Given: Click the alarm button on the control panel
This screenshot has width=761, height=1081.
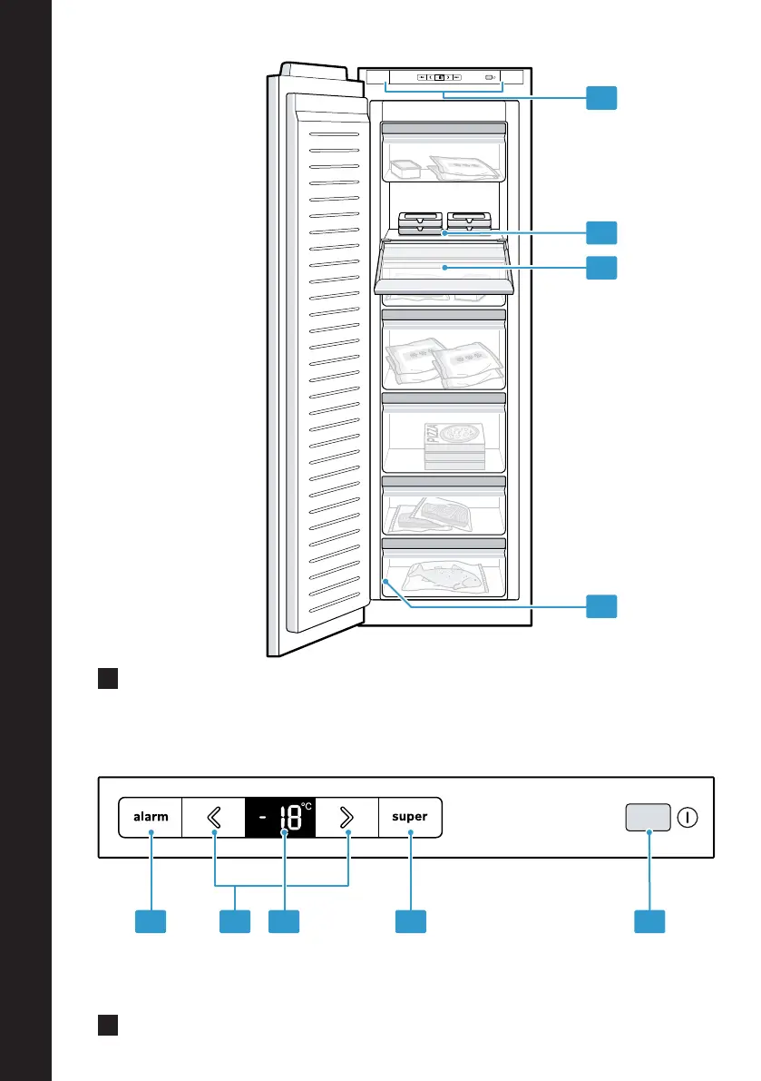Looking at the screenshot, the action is (151, 817).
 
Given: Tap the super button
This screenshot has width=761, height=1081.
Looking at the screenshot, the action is (410, 817).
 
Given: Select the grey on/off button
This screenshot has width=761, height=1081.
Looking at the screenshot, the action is (648, 817).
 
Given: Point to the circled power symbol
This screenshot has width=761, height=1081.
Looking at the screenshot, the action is (688, 818).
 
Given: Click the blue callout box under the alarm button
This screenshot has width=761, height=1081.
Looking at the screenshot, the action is (151, 921).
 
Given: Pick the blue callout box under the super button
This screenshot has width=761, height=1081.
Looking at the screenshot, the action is (411, 921).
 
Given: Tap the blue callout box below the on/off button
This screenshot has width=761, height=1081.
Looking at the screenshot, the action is (649, 921).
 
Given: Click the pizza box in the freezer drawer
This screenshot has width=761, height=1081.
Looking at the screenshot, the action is (454, 445).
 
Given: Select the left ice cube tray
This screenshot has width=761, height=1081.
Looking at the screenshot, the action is (420, 222).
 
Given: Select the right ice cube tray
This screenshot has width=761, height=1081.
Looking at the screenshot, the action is (469, 221).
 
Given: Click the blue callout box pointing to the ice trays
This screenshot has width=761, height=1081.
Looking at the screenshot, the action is (601, 233).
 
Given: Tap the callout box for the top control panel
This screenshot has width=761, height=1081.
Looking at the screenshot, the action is (601, 98).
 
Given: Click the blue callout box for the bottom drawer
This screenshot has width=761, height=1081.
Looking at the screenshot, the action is (601, 606).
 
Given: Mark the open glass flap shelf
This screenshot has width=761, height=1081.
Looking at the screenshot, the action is (444, 268).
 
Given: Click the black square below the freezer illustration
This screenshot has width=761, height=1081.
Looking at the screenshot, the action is (108, 678).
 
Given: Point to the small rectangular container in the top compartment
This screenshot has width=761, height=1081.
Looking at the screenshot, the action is (405, 169).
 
